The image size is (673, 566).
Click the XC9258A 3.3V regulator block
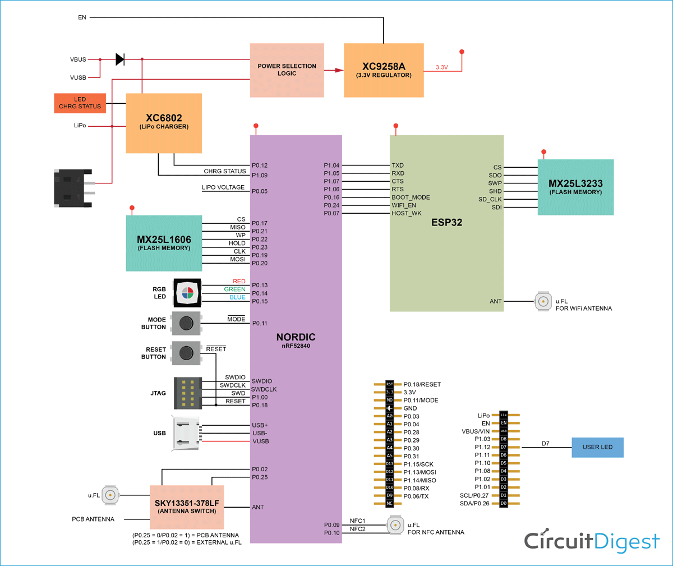click(x=384, y=70)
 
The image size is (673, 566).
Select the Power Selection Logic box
click(x=287, y=70)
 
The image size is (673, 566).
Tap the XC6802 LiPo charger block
click(x=164, y=123)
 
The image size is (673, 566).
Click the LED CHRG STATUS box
click(x=80, y=103)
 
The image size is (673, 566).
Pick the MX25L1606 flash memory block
click(x=164, y=243)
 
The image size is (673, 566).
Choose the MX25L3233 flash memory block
click(x=575, y=187)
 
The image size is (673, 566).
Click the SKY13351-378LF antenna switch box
click(x=187, y=507)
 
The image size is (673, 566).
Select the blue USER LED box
click(x=597, y=447)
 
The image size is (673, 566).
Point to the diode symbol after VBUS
click(x=119, y=59)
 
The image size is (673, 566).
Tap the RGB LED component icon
click(x=187, y=292)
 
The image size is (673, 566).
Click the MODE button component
click(x=186, y=323)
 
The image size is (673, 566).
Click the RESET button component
click(x=186, y=353)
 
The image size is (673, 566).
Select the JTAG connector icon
click(x=188, y=393)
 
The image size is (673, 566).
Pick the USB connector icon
click(x=187, y=433)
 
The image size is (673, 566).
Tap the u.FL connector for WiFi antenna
click(x=543, y=301)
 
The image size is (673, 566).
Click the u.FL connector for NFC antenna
click(x=395, y=525)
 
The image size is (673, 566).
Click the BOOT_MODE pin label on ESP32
click(x=411, y=197)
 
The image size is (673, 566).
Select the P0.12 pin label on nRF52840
click(x=260, y=165)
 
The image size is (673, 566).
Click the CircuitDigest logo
click(x=592, y=541)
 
